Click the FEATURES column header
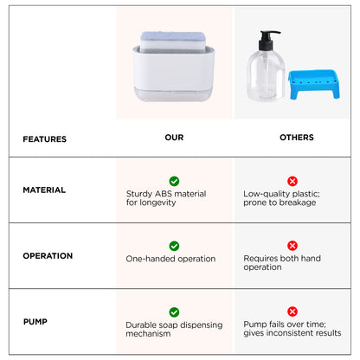(45, 139)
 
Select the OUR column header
(174, 138)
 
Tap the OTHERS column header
(297, 138)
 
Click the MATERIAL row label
(44, 190)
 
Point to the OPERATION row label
(48, 255)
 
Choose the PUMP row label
(35, 321)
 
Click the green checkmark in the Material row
(174, 181)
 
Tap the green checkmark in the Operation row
(174, 246)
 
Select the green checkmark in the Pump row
(174, 312)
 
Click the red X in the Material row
(292, 181)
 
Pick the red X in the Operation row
(292, 246)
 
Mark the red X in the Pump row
(292, 312)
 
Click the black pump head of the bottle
(267, 41)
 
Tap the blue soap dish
(314, 84)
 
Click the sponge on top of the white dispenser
(173, 42)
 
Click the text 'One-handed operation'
(170, 259)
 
